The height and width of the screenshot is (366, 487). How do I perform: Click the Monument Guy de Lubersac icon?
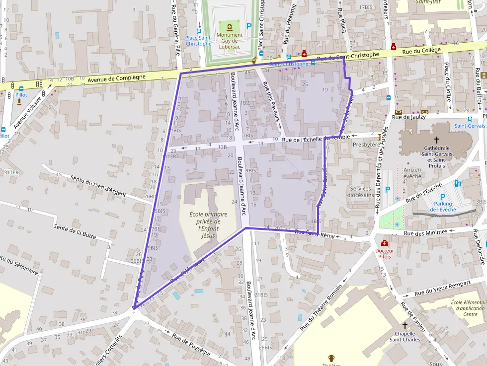click(x=230, y=27)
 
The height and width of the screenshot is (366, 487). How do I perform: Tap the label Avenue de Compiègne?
click(x=116, y=78)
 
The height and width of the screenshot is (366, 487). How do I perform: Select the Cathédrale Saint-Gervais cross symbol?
click(x=437, y=140)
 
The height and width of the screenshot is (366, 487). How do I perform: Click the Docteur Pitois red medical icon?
click(x=384, y=243)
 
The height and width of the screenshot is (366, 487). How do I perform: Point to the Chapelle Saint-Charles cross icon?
click(x=405, y=325)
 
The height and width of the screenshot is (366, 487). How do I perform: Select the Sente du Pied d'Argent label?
click(x=98, y=185)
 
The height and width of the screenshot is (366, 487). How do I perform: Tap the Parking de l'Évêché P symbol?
click(x=442, y=197)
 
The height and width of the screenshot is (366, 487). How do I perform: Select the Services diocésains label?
click(x=360, y=192)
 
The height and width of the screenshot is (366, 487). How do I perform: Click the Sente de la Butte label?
click(x=75, y=234)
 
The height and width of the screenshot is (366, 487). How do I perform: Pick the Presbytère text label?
click(x=366, y=145)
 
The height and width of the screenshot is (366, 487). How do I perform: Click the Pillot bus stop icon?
click(x=21, y=88)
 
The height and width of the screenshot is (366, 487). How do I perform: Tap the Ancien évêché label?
click(x=412, y=173)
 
